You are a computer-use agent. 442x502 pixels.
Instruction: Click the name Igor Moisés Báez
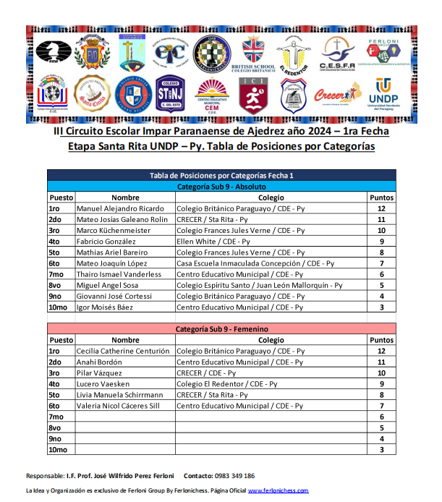point(105,307)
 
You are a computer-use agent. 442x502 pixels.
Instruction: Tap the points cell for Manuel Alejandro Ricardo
point(381,208)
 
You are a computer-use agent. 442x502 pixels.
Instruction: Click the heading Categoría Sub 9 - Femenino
point(221,329)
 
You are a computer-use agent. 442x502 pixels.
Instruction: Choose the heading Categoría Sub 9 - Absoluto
point(221,187)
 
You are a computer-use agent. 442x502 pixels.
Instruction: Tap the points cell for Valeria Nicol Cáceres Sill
point(381,406)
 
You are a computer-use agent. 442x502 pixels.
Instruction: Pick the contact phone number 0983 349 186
point(234,476)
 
